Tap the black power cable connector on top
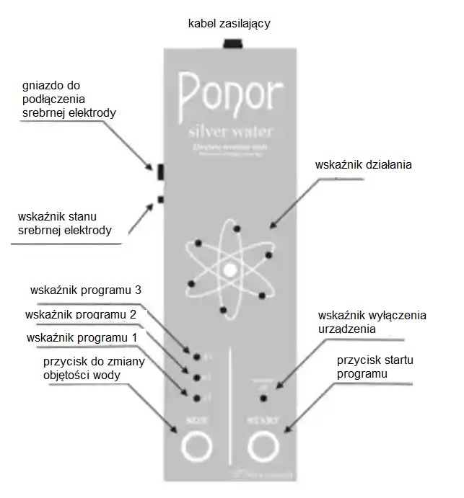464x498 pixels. click(x=232, y=45)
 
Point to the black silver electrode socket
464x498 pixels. click(x=160, y=170)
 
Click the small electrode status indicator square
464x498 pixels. click(x=160, y=199)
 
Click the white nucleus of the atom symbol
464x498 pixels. click(x=229, y=270)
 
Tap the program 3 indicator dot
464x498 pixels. click(x=196, y=355)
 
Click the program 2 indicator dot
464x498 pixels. click(x=196, y=376)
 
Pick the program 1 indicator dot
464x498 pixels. click(x=196, y=397)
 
